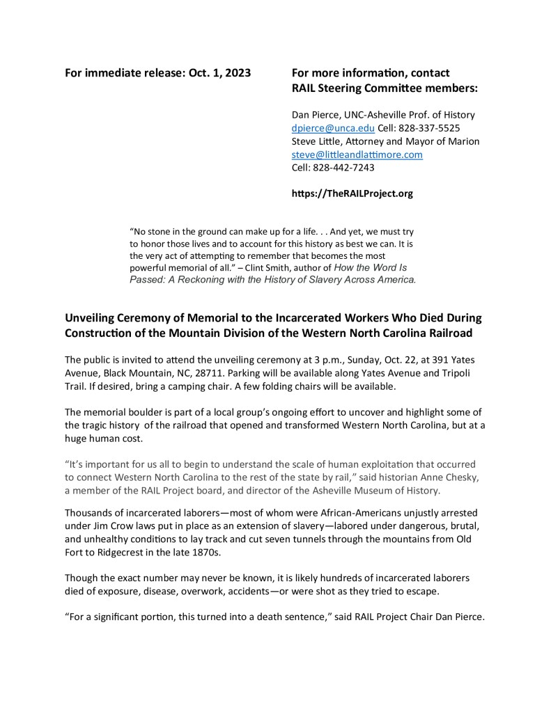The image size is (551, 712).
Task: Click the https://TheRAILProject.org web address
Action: [x=351, y=193]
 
